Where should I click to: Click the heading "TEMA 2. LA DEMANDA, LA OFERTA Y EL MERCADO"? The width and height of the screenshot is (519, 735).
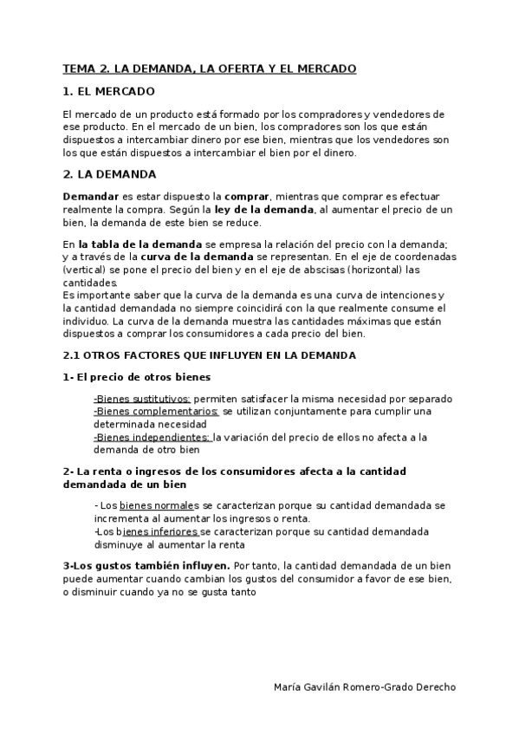coord(209,68)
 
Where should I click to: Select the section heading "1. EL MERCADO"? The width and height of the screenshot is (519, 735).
coord(109,91)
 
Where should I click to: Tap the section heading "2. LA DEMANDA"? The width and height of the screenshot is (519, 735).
coord(109,173)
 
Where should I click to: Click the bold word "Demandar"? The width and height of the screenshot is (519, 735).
coord(91,197)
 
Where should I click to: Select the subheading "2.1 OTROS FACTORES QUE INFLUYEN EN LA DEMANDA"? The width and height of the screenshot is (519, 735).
coord(209,355)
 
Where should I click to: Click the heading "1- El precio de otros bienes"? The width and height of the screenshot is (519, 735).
coord(137,377)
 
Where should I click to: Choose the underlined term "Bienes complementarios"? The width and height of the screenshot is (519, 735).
coord(157,411)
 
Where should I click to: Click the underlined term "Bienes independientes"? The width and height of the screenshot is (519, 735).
coord(152,437)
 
